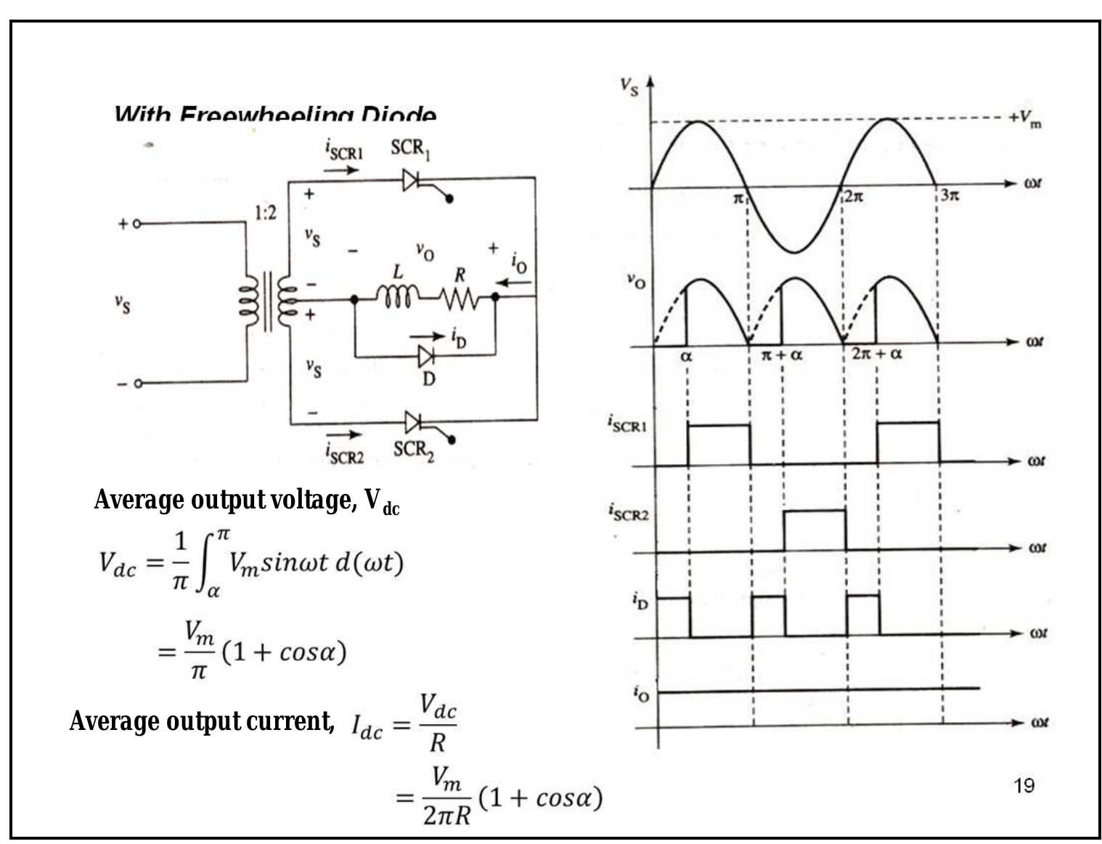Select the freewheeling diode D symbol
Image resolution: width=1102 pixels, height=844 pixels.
(x=425, y=356)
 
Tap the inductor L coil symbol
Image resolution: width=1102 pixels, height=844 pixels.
(x=396, y=296)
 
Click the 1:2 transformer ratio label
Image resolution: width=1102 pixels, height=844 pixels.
(x=265, y=213)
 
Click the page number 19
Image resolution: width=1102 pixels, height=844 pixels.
(x=1024, y=785)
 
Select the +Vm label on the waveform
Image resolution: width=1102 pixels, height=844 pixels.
(x=1024, y=118)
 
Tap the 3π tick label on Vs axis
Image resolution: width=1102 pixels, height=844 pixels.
(x=950, y=195)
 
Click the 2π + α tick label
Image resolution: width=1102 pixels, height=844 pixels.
(x=877, y=354)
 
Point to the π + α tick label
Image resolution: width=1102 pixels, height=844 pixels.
(x=782, y=355)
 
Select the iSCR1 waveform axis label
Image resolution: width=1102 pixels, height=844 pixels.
(x=626, y=423)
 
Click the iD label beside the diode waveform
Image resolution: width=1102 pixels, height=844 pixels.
(x=640, y=601)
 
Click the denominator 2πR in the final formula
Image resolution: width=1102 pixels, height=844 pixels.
(x=446, y=816)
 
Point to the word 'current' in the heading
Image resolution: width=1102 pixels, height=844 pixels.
(x=290, y=721)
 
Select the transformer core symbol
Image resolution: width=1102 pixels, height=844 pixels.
(x=268, y=301)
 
